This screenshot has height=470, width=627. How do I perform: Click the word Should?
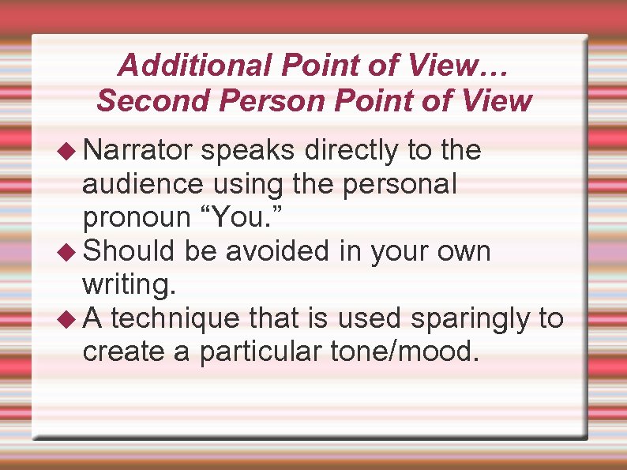129,252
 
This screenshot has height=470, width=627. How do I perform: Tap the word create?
123,352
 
